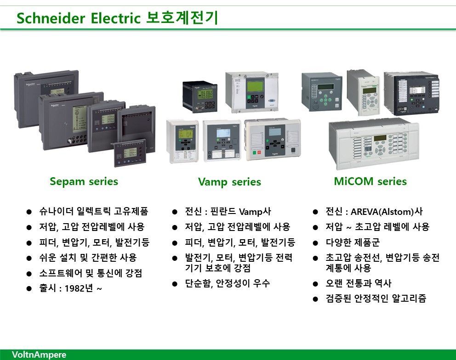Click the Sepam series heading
click(84, 181)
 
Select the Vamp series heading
click(229, 182)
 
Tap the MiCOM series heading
click(370, 181)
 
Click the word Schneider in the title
click(51, 18)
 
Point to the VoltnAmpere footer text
click(39, 354)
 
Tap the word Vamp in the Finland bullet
click(251, 212)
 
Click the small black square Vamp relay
click(200, 97)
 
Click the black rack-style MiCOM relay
click(411, 93)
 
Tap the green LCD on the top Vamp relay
click(255, 87)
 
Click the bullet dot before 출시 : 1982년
click(29, 289)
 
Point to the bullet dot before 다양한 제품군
click(315, 243)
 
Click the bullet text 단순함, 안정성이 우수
click(228, 283)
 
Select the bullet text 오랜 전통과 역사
click(358, 283)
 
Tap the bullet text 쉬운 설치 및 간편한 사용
click(88, 258)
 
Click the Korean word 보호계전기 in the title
click(182, 17)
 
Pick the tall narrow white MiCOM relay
click(364, 92)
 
